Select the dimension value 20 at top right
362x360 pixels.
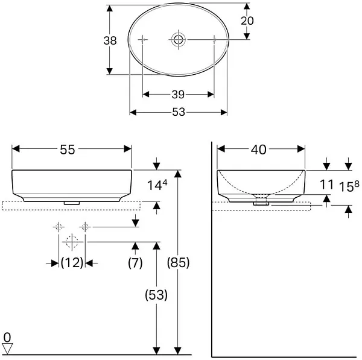pyautogui.click(x=247, y=21)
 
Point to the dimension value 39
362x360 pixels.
pyautogui.click(x=178, y=94)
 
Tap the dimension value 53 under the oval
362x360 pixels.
pyautogui.click(x=178, y=112)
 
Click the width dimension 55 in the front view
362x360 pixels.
pyautogui.click(x=68, y=150)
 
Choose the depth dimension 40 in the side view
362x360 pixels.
pyautogui.click(x=259, y=150)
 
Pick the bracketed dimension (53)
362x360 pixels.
pyautogui.click(x=156, y=295)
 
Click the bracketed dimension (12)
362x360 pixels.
pyautogui.click(x=72, y=263)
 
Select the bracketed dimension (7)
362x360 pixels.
pyautogui.click(x=135, y=263)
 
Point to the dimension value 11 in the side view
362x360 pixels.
pyautogui.click(x=326, y=185)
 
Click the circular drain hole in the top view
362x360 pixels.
pyautogui.click(x=178, y=40)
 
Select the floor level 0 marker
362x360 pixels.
pyautogui.click(x=7, y=336)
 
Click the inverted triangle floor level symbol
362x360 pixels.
pyautogui.click(x=7, y=348)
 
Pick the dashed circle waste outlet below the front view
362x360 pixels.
pyautogui.click(x=72, y=242)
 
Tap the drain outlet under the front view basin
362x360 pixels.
pyautogui.click(x=72, y=203)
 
